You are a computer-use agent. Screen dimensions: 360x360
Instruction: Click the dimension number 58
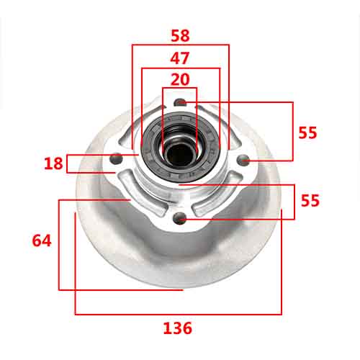point(180,35)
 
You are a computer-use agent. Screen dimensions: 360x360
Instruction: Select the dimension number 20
point(180,79)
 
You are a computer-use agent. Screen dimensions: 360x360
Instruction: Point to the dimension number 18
point(53,163)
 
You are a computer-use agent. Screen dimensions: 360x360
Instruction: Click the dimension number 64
point(42,240)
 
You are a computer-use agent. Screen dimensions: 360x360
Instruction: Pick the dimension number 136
point(178,328)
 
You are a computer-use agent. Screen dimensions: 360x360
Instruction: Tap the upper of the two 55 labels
point(308,132)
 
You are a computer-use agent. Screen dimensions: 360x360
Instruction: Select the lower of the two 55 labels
point(310,201)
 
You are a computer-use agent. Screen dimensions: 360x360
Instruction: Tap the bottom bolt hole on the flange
point(181,216)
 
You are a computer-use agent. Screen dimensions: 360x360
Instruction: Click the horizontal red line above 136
point(178,315)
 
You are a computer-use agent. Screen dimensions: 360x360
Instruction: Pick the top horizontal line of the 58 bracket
point(180,45)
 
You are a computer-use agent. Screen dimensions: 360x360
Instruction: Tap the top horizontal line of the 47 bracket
point(180,69)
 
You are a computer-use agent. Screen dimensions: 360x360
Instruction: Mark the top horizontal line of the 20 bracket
point(180,89)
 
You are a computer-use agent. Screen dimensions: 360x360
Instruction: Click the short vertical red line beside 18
point(66,163)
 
